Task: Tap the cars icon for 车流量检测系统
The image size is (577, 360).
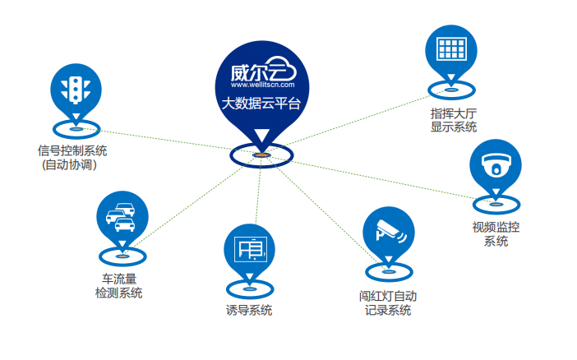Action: (122, 216)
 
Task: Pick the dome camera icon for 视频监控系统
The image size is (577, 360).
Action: (495, 164)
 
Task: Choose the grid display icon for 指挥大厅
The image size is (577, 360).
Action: (450, 48)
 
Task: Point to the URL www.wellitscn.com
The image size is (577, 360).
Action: (262, 84)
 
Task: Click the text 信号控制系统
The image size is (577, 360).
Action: (72, 150)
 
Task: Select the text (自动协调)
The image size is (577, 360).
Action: (69, 164)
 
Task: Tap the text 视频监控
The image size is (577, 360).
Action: (495, 227)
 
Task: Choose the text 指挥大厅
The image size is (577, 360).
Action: (454, 113)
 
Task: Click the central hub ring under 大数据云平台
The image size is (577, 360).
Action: (261, 155)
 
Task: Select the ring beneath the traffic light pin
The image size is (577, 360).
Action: (76, 128)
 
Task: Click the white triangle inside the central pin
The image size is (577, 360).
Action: (261, 136)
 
